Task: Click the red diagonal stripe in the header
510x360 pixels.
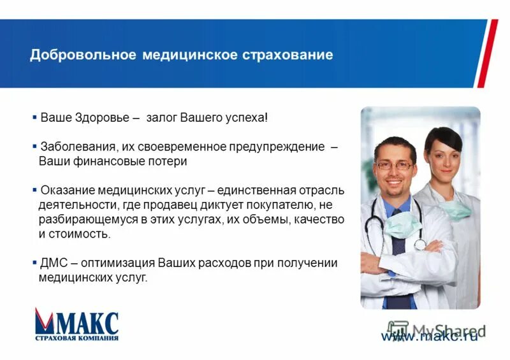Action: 487,54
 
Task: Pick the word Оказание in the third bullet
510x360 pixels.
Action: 64,190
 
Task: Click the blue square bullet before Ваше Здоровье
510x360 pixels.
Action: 34,118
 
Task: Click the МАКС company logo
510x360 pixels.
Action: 76,324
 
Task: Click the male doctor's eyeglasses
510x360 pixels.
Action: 394,165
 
